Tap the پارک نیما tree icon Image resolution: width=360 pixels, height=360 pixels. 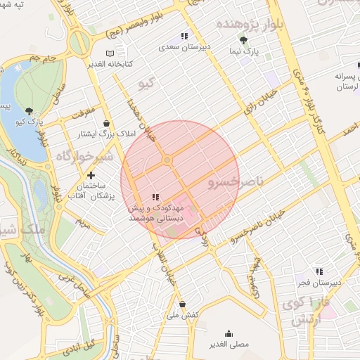243,40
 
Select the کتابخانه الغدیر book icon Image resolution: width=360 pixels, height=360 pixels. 109,53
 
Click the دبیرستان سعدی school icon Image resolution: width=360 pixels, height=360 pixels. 184,35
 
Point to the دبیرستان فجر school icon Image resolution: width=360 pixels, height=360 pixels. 319,271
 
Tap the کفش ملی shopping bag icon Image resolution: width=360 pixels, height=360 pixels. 183,304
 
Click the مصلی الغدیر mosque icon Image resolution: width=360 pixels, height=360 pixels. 229,334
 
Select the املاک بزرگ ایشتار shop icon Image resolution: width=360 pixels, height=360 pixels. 106,123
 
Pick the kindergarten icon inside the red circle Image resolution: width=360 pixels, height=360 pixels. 155,198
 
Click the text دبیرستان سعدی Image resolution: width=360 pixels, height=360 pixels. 185,47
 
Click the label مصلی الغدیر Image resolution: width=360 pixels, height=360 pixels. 229,345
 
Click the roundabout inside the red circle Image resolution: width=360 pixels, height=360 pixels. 167,160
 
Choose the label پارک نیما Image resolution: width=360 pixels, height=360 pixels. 244,52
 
